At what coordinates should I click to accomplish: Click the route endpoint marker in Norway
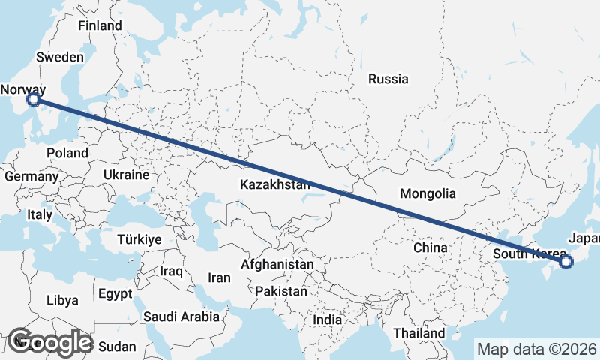[33, 98]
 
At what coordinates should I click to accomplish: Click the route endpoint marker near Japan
[565, 262]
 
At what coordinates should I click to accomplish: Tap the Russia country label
[388, 79]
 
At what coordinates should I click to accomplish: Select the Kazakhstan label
[275, 184]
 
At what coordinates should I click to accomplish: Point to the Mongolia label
[427, 193]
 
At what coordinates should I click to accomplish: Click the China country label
[430, 247]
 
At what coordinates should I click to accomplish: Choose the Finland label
[100, 25]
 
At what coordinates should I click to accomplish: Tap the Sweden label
[59, 57]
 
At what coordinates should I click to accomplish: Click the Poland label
[67, 153]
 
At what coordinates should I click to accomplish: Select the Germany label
[31, 177]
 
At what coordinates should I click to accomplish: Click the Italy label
[40, 214]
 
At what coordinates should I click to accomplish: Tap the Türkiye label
[139, 240]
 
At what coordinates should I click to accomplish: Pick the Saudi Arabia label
[182, 316]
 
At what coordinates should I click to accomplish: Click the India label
[327, 319]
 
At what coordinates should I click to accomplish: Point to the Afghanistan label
[277, 265]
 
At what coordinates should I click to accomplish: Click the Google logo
[49, 342]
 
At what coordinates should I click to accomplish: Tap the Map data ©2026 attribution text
[537, 349]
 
